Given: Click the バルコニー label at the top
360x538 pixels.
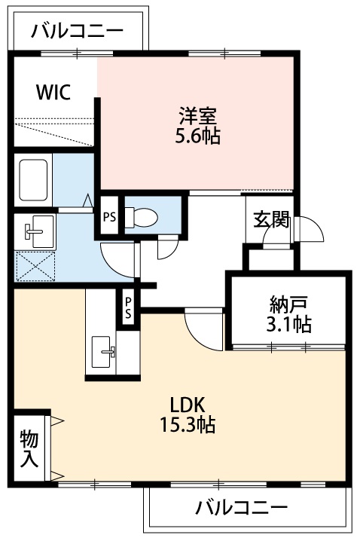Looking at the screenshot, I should click(x=77, y=32).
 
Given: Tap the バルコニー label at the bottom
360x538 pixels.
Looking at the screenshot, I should click(x=241, y=507).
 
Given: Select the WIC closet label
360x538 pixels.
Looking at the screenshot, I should click(x=53, y=93).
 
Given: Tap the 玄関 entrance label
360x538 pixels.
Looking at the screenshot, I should click(x=270, y=219).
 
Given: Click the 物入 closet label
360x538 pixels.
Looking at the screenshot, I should click(x=29, y=448).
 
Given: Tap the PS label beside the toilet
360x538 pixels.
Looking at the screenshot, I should click(x=108, y=217).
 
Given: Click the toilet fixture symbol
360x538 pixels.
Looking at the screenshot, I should click(x=141, y=216).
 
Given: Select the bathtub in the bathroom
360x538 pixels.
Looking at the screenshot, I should click(x=34, y=180).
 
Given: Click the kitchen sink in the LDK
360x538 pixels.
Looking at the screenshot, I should click(x=104, y=351).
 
